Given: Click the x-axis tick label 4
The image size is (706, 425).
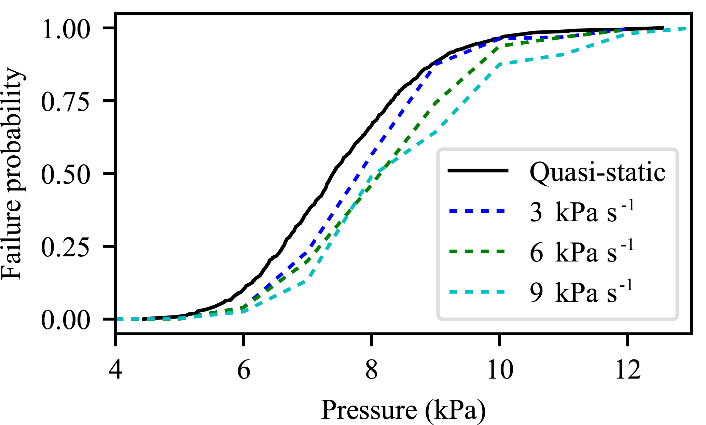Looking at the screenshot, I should (x=115, y=370).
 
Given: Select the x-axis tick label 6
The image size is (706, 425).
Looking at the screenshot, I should (x=244, y=370).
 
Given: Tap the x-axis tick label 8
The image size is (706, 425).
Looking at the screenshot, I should (x=372, y=370).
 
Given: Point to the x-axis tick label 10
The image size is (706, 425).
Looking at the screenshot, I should (x=500, y=370).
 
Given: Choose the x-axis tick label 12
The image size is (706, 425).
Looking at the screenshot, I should (x=628, y=370).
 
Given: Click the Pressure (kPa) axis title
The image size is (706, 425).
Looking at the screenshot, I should (x=403, y=410).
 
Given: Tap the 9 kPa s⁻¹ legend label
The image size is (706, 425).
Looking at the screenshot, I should (x=581, y=292).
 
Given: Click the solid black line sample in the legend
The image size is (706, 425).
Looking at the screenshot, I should (x=477, y=171).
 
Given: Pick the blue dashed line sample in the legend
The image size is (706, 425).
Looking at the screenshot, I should (x=477, y=211).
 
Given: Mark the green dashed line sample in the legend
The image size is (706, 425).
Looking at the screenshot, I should (x=477, y=252).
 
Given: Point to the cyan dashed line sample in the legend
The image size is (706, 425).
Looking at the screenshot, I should (x=477, y=292).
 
